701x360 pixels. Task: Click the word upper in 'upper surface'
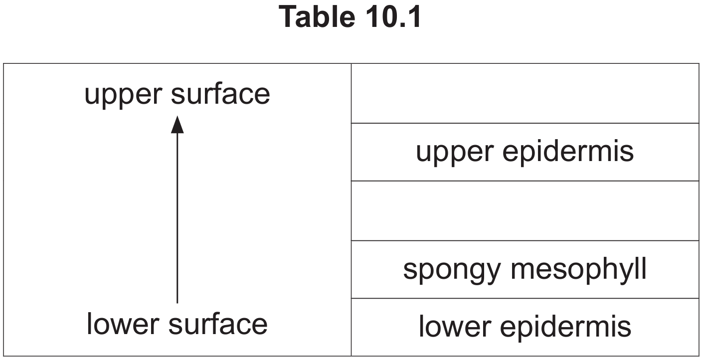point(123,95)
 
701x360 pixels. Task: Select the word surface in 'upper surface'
point(220,93)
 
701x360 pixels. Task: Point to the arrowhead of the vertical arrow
point(177,125)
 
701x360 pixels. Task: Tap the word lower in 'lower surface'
point(123,324)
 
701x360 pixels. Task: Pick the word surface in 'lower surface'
point(218,324)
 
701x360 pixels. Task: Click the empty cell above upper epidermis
point(525,93)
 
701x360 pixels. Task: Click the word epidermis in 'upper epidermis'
point(568,151)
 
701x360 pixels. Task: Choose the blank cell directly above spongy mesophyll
point(525,211)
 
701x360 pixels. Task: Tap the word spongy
point(452,270)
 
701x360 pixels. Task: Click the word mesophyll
point(578,269)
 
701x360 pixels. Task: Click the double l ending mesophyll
point(641,268)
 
